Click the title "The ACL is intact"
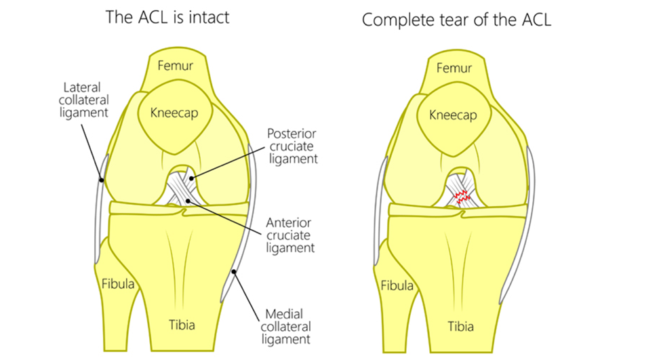(167, 17)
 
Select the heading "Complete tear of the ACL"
(456, 20)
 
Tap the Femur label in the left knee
(175, 65)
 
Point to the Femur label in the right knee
(454, 68)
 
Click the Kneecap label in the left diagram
(174, 113)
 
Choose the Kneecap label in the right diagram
(453, 115)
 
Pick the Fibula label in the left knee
(118, 283)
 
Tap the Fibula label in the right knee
(397, 286)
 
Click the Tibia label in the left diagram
(182, 325)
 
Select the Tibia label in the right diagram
(460, 326)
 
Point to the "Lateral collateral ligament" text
(83, 100)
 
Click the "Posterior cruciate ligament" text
(293, 146)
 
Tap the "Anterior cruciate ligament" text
(290, 235)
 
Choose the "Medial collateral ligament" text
(286, 327)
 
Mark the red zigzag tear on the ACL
(462, 197)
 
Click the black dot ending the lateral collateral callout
(101, 180)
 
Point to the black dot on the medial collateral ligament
(233, 271)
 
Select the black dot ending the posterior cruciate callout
(191, 178)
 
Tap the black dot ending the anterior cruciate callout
(188, 201)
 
